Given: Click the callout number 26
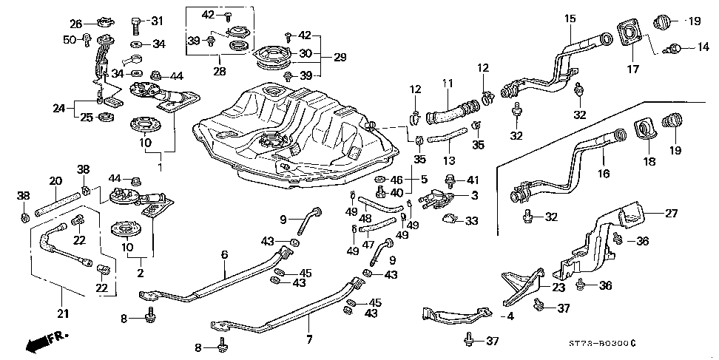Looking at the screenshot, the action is [x=76, y=23].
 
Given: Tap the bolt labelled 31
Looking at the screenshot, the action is [x=136, y=26].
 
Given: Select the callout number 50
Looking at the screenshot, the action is [x=70, y=39].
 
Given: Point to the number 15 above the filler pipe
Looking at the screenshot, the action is [x=570, y=18].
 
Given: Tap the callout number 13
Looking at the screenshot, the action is [x=450, y=160].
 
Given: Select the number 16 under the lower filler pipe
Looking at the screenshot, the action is [x=604, y=173].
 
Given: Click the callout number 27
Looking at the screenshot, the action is [x=671, y=213].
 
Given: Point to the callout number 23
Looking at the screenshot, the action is [x=558, y=288].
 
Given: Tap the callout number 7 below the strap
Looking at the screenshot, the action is [x=309, y=340].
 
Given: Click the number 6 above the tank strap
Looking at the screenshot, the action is [x=224, y=255].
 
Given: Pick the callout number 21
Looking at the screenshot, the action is [x=63, y=313].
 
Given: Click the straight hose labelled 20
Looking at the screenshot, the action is [x=57, y=203].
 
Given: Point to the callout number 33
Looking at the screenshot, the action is [x=471, y=221].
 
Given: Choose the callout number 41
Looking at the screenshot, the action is [x=471, y=180].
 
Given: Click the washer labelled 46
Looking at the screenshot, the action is [x=381, y=179].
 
